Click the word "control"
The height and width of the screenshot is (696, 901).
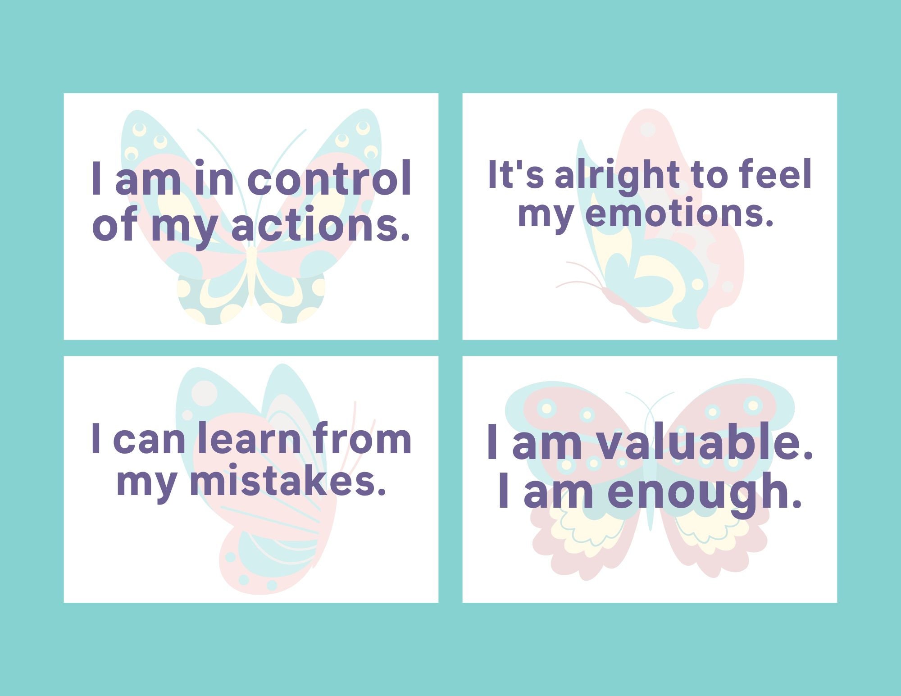click(x=329, y=179)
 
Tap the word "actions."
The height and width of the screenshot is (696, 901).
click(x=321, y=225)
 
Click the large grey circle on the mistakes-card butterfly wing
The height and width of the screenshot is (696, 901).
click(x=204, y=392)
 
